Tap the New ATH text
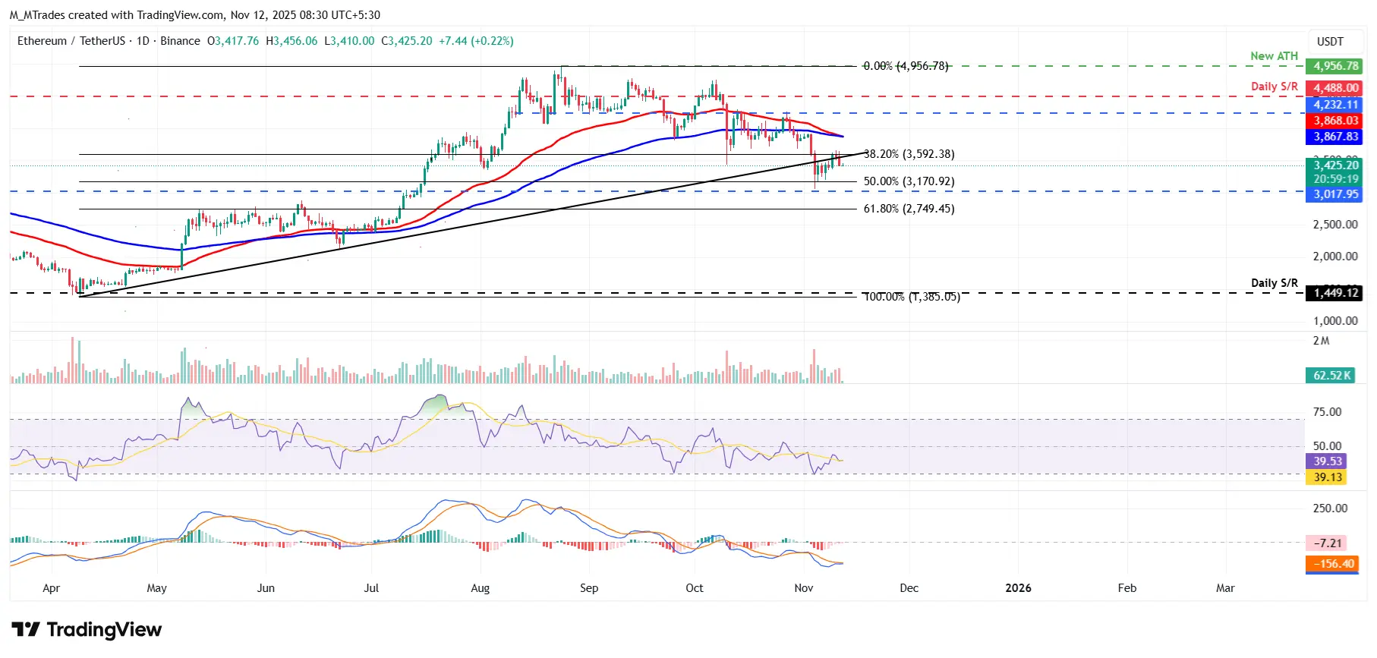point(1274,56)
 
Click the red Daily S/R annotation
point(1274,87)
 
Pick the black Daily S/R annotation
point(1274,282)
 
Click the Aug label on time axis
point(480,588)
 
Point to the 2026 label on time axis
point(1017,588)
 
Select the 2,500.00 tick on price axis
point(1335,225)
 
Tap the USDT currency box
point(1329,42)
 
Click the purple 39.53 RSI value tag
point(1328,461)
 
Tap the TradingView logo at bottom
point(87,630)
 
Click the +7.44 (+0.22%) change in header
point(476,41)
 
